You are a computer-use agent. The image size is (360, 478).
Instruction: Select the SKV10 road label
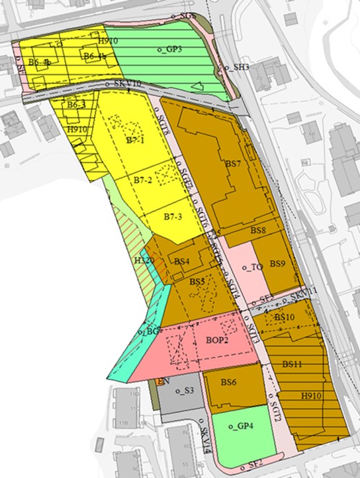pos(127,84)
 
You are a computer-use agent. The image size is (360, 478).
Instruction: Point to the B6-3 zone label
pos(77,104)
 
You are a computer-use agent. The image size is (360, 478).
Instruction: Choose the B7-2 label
pos(143,180)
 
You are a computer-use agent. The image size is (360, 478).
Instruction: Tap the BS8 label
pos(257,231)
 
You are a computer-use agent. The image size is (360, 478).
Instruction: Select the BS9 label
pos(277,263)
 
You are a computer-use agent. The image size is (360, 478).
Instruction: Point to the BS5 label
pos(197,282)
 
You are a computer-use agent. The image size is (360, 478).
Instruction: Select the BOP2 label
pos(216,341)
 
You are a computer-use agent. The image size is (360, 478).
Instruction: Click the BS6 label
pos(229,382)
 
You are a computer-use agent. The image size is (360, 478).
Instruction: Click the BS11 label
pos(292,364)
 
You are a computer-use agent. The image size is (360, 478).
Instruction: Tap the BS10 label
pos(284,317)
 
